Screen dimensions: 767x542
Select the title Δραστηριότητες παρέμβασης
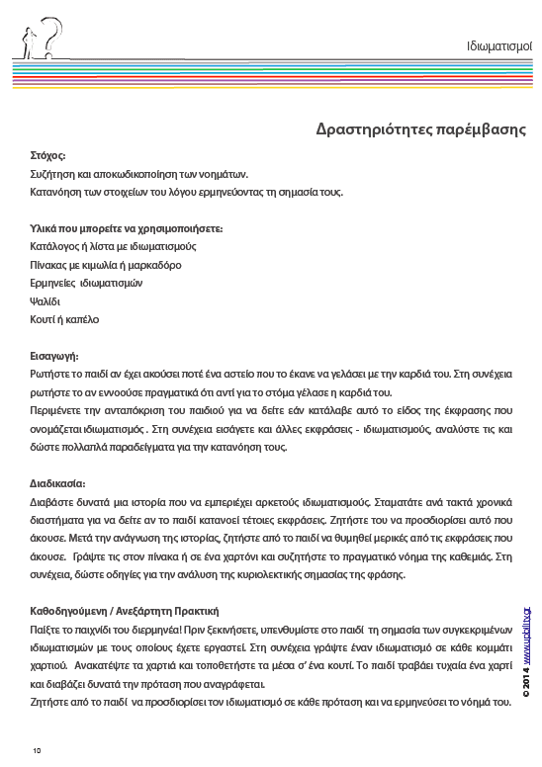coord(420,129)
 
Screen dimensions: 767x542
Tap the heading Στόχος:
coord(47,155)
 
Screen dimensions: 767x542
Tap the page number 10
coord(36,751)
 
